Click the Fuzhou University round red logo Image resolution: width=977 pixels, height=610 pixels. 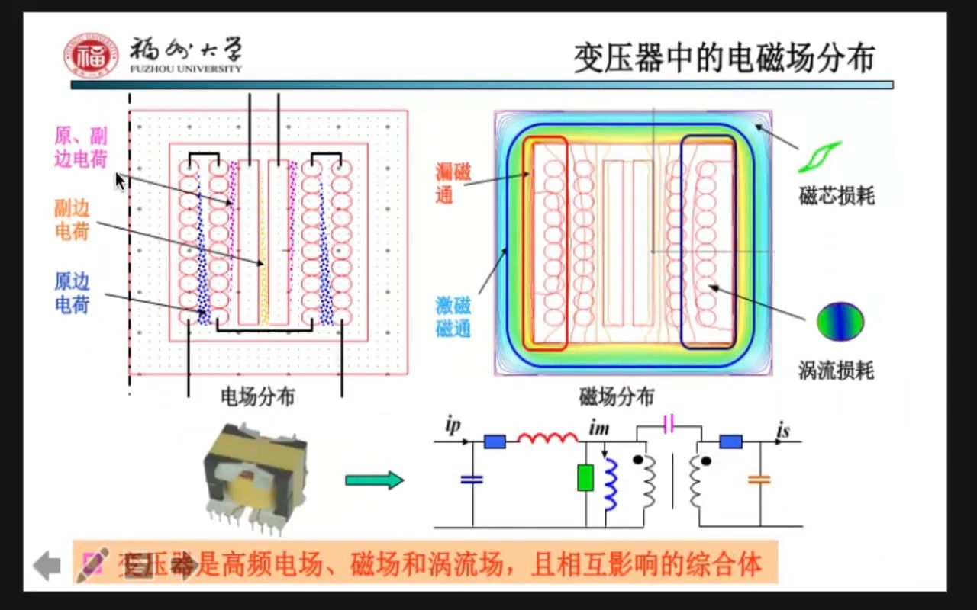[91, 56]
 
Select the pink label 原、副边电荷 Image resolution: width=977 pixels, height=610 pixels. [81, 148]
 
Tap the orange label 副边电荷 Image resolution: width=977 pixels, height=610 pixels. [73, 220]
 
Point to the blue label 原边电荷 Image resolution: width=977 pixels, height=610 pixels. [73, 294]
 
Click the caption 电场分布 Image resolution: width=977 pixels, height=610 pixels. [257, 396]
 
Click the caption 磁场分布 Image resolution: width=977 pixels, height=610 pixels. [616, 396]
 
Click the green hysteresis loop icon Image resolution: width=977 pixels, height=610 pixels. [820, 156]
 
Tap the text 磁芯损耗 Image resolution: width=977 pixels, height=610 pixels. [837, 197]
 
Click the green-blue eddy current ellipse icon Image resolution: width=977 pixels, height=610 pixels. [840, 322]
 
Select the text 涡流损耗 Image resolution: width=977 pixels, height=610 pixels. [836, 371]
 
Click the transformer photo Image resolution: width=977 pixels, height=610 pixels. [255, 479]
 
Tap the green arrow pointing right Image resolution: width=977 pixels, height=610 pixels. [374, 480]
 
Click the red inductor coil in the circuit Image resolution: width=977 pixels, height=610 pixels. [547, 438]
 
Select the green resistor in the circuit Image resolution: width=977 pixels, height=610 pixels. [585, 477]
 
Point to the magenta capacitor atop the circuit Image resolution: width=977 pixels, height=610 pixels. [669, 425]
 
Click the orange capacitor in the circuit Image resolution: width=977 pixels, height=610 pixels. [759, 480]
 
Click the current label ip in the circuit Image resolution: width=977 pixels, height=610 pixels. [453, 425]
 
